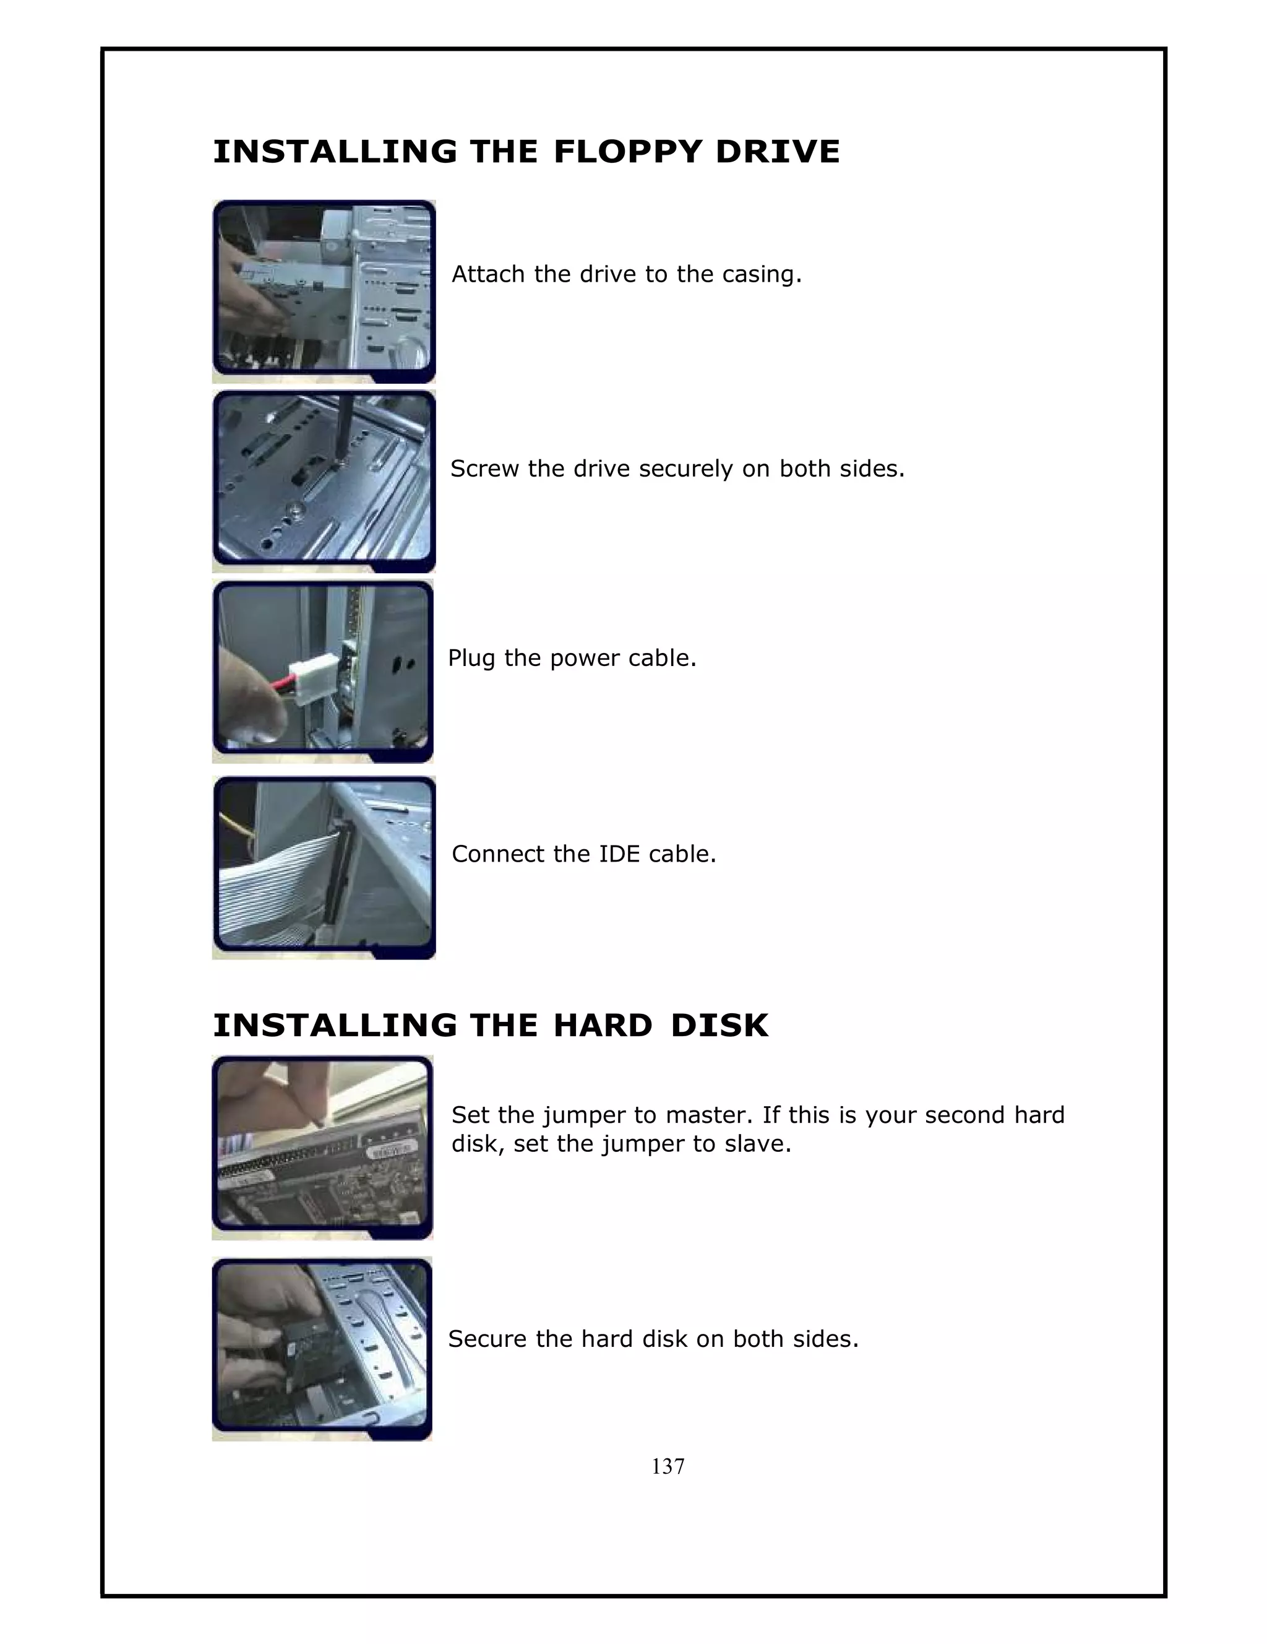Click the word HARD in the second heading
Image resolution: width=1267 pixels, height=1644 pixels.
(x=603, y=1025)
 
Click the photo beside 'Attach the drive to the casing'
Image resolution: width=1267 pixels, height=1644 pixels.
(x=324, y=292)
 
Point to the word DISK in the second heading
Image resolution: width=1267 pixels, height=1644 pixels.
(x=720, y=1025)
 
